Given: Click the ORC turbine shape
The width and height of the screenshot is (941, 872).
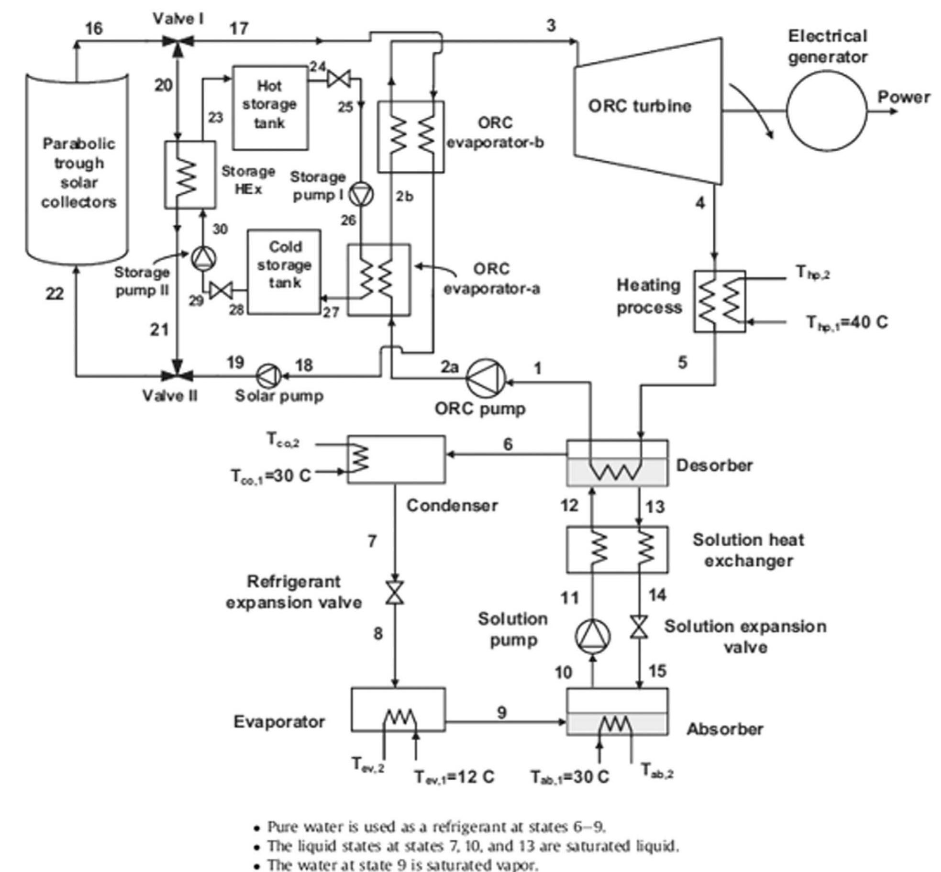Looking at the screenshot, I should [x=648, y=110].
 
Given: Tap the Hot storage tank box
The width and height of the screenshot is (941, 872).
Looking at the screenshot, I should [x=270, y=107].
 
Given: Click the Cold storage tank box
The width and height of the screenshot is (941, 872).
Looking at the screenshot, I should [x=284, y=272].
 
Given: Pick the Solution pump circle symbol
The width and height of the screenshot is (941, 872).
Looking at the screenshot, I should [x=593, y=636].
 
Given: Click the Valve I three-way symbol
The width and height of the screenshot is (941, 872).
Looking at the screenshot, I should [x=177, y=42].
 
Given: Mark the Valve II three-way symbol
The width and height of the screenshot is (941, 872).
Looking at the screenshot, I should [x=177, y=376].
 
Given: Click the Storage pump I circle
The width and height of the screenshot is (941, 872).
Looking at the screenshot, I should [x=361, y=195].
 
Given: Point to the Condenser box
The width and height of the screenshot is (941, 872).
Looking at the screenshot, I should [x=396, y=459].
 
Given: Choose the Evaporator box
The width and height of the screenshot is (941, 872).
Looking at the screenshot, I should [x=398, y=709].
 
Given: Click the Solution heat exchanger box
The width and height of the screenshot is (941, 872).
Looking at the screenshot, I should [x=617, y=550].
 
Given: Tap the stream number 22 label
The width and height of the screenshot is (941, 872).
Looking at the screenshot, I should [x=55, y=293].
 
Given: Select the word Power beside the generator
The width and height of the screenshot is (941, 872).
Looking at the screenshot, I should [x=903, y=98].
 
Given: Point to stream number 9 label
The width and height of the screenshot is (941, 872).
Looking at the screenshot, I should [x=501, y=713].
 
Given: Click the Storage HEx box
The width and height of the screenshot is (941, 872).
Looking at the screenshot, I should [x=190, y=175].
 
